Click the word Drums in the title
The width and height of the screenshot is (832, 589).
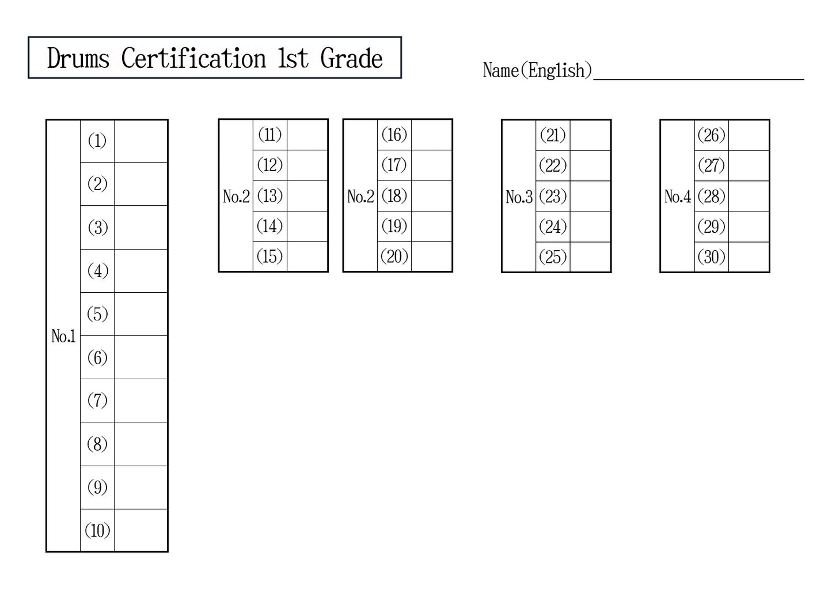78,58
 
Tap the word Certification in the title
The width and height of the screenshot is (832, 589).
194,58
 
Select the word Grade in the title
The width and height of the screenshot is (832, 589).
351,58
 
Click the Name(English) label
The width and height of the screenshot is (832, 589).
537,70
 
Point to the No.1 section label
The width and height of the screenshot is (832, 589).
63,336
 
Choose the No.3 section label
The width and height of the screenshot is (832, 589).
519,197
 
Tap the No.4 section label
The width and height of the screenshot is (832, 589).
677,197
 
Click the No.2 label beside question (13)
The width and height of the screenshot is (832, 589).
236,197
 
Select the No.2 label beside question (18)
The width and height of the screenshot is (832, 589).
360,197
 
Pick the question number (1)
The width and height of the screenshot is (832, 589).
97,141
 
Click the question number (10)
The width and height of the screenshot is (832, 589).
97,530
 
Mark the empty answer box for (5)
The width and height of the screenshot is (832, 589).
141,314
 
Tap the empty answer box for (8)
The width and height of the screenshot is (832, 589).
141,444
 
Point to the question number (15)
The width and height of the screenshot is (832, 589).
270,256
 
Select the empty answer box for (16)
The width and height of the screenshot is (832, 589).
432,135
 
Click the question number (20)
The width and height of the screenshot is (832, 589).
394,256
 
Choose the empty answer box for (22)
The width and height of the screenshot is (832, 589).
590,166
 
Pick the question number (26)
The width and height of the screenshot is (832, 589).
711,135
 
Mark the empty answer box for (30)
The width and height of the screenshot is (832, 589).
749,257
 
